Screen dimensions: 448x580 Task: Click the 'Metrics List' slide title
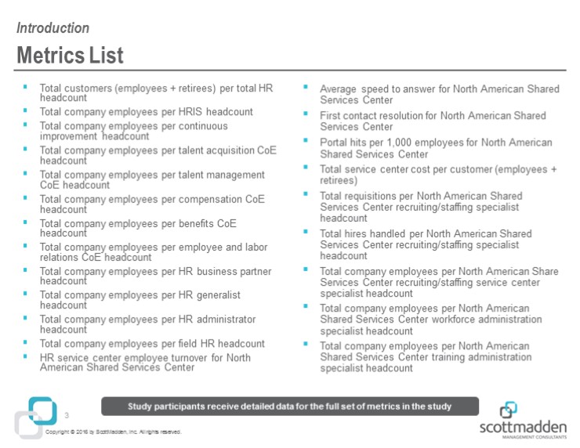click(x=70, y=56)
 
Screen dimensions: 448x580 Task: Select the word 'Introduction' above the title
click(x=53, y=28)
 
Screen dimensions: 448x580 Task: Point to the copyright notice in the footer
click(x=114, y=432)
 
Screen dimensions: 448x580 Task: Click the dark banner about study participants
click(x=290, y=405)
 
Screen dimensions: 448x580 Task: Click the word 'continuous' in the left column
click(x=202, y=126)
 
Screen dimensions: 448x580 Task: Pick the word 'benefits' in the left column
click(x=195, y=223)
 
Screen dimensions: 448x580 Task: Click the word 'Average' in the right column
click(x=339, y=89)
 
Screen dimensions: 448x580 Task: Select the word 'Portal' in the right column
click(x=335, y=143)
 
